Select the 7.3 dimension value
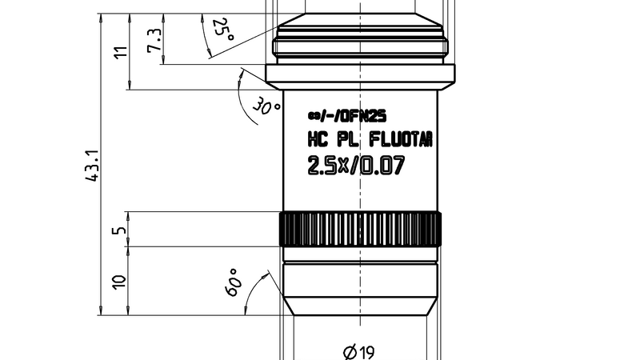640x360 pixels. coord(154,39)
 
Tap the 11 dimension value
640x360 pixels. coord(122,54)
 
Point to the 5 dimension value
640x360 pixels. coord(121,230)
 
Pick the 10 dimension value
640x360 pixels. coord(121,281)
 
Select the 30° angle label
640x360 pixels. coord(266,106)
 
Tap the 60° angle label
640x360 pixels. coord(234,282)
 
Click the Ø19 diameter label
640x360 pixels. coord(359,350)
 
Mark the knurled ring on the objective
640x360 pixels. coord(359,230)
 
